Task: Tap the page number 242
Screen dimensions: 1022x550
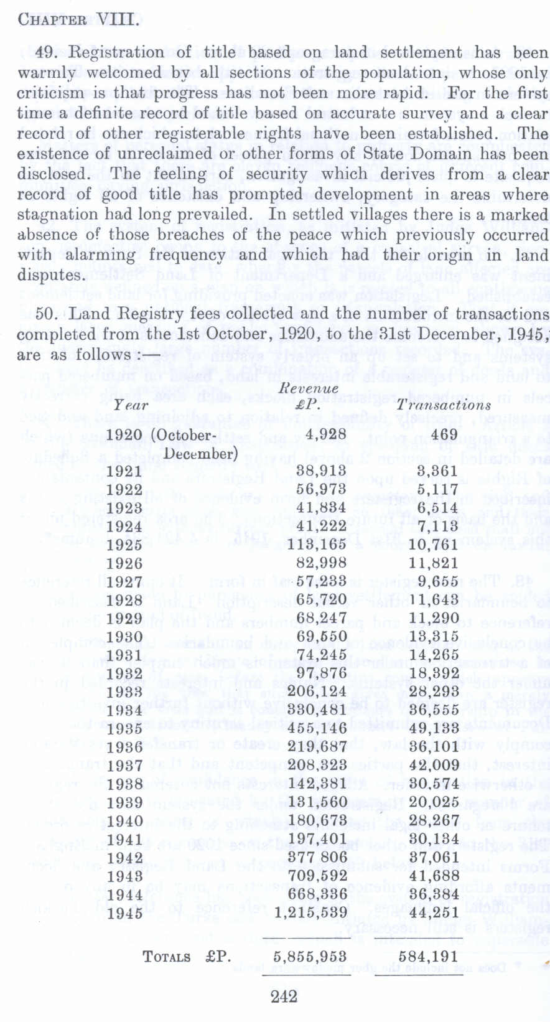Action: point(284,996)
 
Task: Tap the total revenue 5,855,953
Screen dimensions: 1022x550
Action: point(310,956)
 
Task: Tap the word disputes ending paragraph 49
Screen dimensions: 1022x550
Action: point(51,275)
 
